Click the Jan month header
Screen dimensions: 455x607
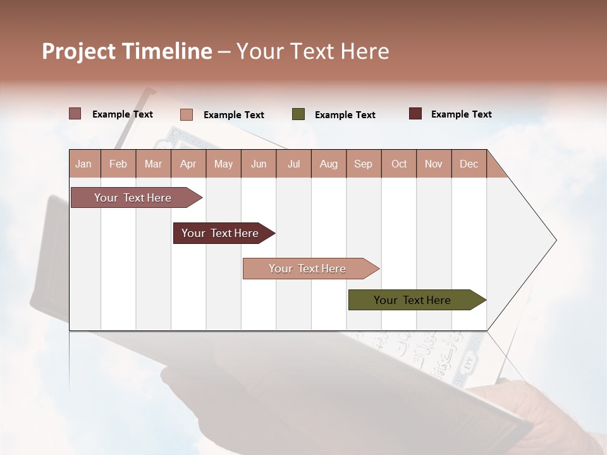pos(83,164)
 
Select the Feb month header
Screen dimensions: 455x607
pos(118,164)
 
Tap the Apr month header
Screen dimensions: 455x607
pos(188,164)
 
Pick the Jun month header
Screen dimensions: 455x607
pos(259,164)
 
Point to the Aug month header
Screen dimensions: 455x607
pos(329,164)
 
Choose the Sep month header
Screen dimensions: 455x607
pos(363,164)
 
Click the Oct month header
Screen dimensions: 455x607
pos(399,164)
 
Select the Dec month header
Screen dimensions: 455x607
pos(469,164)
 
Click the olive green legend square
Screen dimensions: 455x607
pos(298,114)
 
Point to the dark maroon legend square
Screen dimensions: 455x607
pos(415,114)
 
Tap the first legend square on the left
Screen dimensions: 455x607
pos(75,114)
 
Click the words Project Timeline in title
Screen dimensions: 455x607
pos(127,51)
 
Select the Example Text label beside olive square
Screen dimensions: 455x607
pos(345,115)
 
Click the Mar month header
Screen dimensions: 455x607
pos(153,164)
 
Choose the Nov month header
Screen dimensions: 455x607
pos(434,164)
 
